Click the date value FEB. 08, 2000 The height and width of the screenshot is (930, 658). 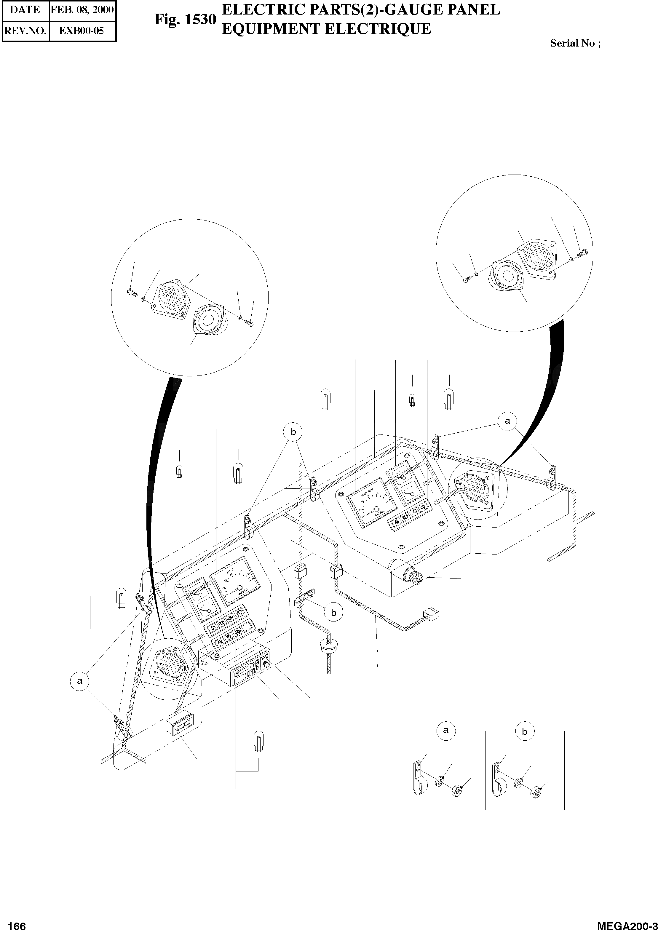pyautogui.click(x=82, y=10)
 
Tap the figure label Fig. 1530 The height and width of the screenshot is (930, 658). pyautogui.click(x=185, y=20)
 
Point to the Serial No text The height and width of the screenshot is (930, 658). pyautogui.click(x=575, y=43)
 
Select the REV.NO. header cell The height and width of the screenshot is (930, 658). pyautogui.click(x=25, y=31)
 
